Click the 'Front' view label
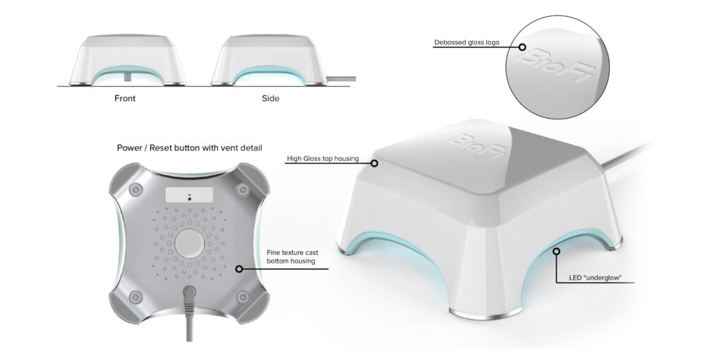pyautogui.click(x=124, y=98)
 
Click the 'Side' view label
pyautogui.click(x=270, y=98)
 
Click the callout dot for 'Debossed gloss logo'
pyautogui.click(x=523, y=48)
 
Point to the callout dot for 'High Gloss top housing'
pyautogui.click(x=375, y=163)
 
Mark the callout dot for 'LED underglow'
pyautogui.click(x=556, y=250)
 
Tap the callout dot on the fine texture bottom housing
pyautogui.click(x=239, y=269)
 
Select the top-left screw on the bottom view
pyautogui.click(x=133, y=188)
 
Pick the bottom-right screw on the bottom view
pyautogui.click(x=243, y=296)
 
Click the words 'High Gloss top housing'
pyautogui.click(x=322, y=159)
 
